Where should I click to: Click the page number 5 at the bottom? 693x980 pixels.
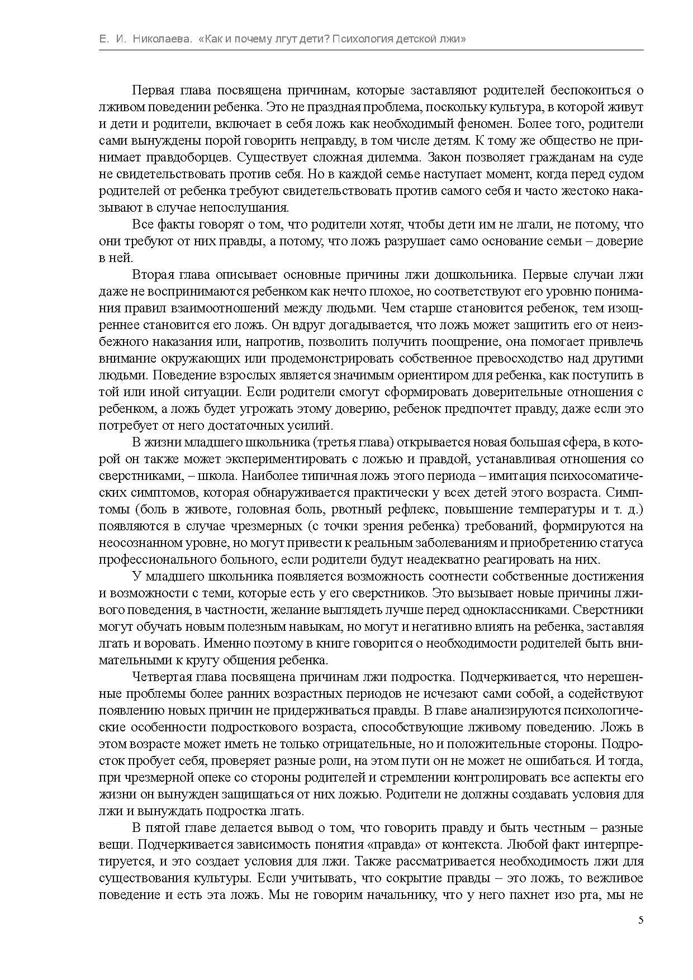coord(640,920)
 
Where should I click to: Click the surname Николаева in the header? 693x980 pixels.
coord(164,39)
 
